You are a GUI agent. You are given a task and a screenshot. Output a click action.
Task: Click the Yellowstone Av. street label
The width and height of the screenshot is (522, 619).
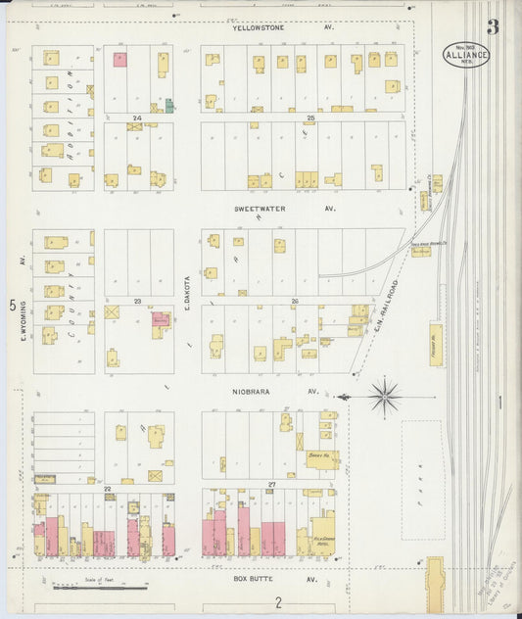pos(283,28)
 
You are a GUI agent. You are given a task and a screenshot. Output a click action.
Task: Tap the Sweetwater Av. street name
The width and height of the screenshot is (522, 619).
pos(284,209)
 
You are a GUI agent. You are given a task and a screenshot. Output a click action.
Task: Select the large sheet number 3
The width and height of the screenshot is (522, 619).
pos(494,26)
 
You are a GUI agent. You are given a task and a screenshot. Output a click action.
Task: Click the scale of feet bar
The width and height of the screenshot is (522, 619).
pos(99,587)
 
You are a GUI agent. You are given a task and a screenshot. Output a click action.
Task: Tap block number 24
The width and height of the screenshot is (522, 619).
pos(138,119)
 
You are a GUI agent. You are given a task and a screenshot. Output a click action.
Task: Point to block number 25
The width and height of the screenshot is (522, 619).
pos(310,119)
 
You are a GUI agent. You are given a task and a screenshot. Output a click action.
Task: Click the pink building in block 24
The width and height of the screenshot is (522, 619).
pos(119,60)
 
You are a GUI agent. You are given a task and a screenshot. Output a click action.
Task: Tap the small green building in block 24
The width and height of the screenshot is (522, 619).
pos(168,104)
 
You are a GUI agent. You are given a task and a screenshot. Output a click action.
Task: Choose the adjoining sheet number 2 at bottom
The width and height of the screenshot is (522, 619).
pos(278,601)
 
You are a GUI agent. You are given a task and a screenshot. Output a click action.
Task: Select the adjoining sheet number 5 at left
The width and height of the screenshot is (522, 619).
pos(13,306)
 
